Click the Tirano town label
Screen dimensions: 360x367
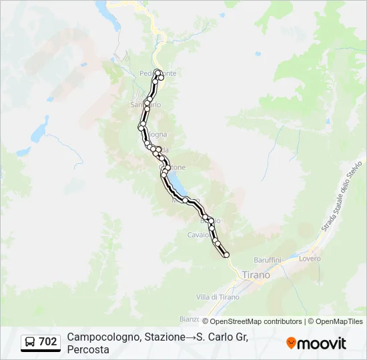coord(256,275)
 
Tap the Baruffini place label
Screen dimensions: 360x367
coord(268,259)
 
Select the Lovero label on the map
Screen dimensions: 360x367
coord(310,258)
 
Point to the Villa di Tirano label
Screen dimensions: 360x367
coord(218,297)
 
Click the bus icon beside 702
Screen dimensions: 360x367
coord(31,342)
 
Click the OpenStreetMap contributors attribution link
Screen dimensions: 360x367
coord(252,321)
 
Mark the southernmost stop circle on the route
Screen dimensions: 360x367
coord(226,255)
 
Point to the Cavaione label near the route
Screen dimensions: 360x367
coord(198,235)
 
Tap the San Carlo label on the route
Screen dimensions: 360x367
coord(145,105)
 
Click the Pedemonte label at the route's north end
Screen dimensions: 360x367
coord(158,73)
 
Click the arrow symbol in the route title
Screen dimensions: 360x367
coord(192,337)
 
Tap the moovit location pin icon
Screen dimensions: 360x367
coord(291,343)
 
